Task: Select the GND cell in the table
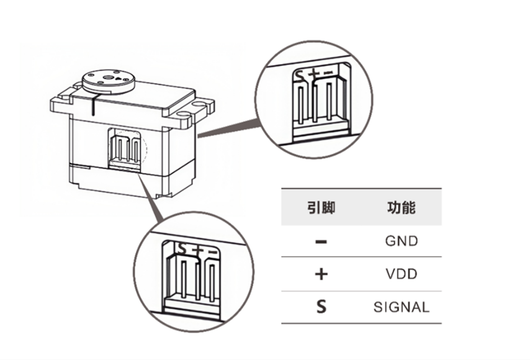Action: [402, 241]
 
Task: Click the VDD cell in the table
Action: [402, 274]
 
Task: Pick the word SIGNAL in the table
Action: [402, 307]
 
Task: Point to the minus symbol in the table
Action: [321, 241]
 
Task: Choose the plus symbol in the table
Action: [321, 274]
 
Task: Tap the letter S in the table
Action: [321, 307]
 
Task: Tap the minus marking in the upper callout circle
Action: [328, 74]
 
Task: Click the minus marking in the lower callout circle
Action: [212, 252]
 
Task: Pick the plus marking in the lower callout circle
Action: [197, 251]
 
